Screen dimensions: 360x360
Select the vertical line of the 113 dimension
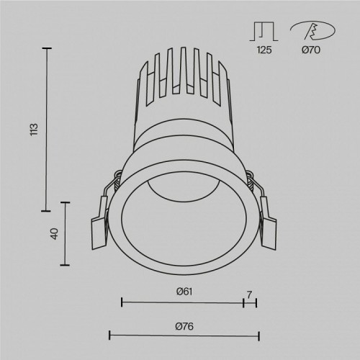(48, 130)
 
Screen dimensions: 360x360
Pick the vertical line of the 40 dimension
(68, 234)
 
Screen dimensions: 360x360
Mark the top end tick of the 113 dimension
(48, 48)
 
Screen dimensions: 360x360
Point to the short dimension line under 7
(250, 302)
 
